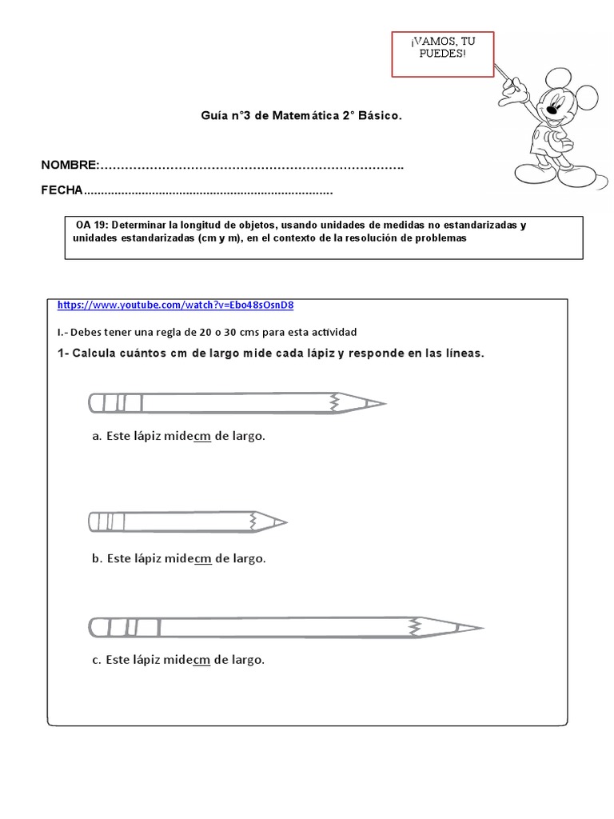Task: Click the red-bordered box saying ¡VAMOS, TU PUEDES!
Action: (x=442, y=54)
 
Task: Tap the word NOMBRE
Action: (x=70, y=165)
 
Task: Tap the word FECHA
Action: (x=62, y=192)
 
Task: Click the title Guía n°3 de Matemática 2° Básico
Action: (x=301, y=116)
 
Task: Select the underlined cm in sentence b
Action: (x=202, y=558)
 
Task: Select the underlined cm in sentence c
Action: (x=201, y=660)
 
